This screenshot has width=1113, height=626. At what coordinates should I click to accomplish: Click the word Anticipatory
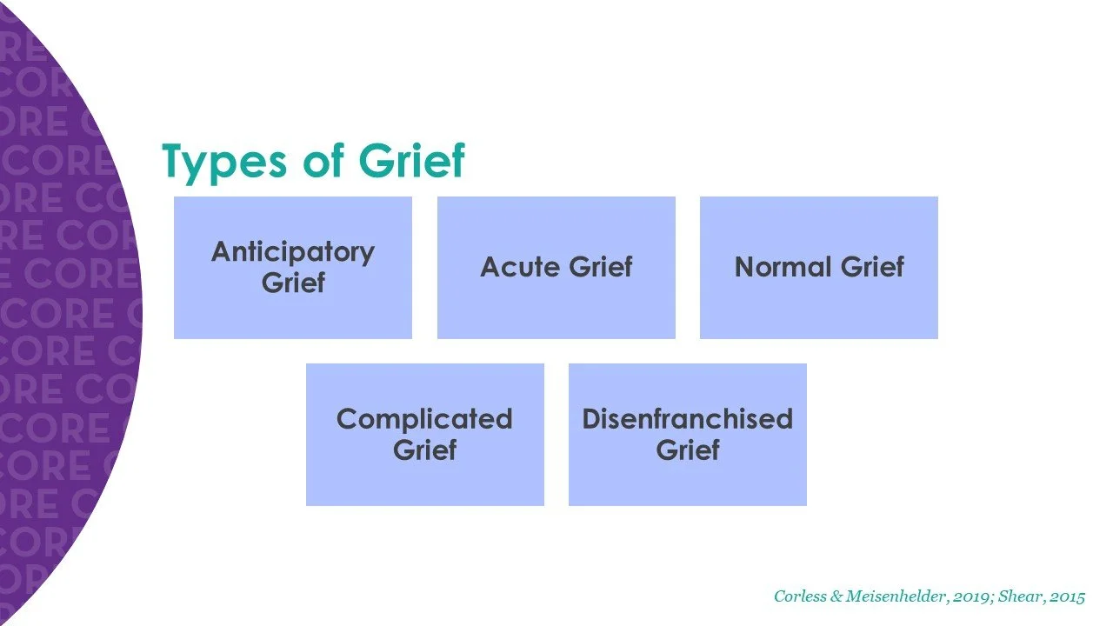point(293,252)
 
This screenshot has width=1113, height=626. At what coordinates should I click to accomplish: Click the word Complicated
point(424,419)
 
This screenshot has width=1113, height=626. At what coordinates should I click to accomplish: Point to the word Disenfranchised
point(688,419)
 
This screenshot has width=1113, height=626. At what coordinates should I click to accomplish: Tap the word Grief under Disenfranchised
point(688,450)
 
